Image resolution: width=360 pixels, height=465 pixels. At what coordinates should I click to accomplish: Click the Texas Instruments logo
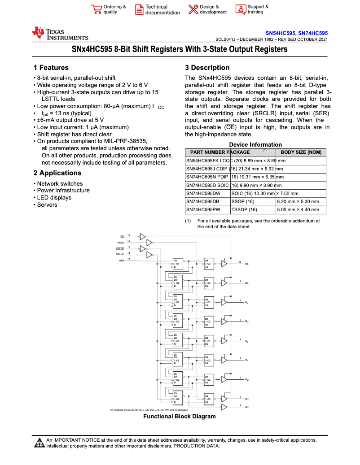pyautogui.click(x=60, y=34)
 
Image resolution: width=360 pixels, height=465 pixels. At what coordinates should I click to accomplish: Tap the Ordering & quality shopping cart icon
pyautogui.click(x=96, y=10)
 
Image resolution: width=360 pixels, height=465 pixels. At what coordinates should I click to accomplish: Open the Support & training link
pyautogui.click(x=258, y=9)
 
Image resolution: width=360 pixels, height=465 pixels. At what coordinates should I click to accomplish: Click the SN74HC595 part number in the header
pyautogui.click(x=313, y=33)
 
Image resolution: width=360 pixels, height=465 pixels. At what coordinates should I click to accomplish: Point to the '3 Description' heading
pyautogui.click(x=207, y=68)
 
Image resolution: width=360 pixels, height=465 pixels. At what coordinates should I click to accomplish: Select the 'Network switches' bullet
pyautogui.click(x=60, y=184)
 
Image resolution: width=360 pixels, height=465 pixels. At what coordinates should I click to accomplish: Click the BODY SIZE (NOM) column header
pyautogui.click(x=301, y=152)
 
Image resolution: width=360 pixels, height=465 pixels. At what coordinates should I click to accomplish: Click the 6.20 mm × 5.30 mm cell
pyautogui.click(x=298, y=202)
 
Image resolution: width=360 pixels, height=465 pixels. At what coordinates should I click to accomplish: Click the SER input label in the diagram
pyautogui.click(x=121, y=260)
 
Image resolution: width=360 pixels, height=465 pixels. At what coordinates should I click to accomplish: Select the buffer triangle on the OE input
pyautogui.click(x=143, y=236)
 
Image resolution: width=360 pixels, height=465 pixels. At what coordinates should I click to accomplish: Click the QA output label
pyautogui.click(x=246, y=264)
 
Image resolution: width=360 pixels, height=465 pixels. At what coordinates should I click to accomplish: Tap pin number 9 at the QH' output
pyautogui.click(x=240, y=405)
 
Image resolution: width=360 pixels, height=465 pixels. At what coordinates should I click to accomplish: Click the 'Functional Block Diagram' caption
pyautogui.click(x=179, y=417)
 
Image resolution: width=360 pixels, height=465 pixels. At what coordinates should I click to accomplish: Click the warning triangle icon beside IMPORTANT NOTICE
pyautogui.click(x=39, y=443)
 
